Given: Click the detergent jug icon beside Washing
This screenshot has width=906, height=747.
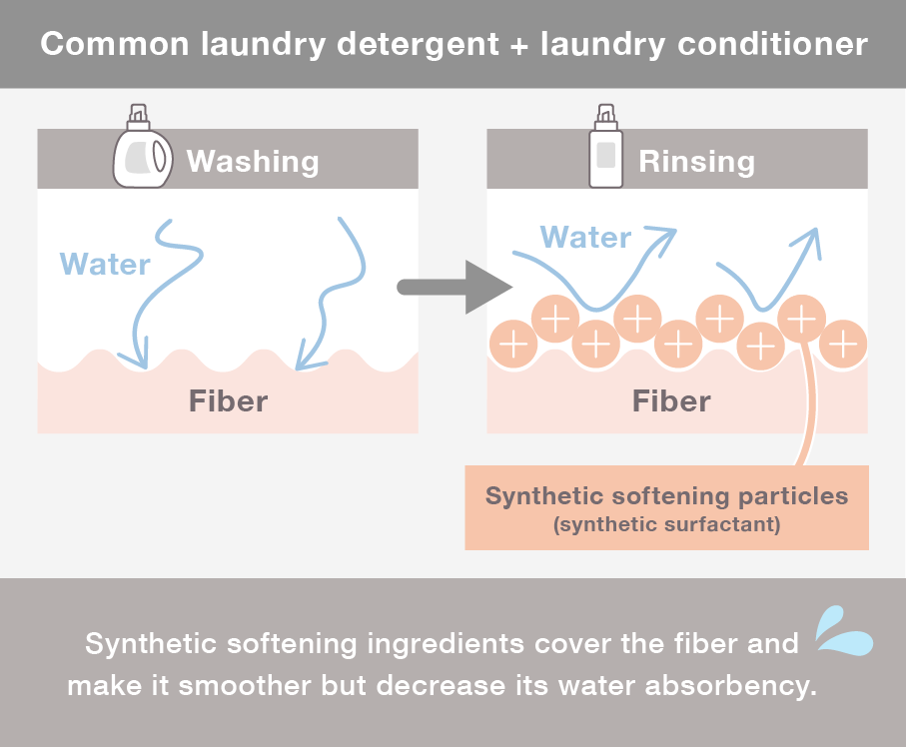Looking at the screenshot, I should click(144, 151).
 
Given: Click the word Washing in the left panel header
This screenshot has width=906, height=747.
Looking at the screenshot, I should click(253, 161).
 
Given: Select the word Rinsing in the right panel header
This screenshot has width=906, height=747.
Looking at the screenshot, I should click(696, 161).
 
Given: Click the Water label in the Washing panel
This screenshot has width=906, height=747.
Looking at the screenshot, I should click(105, 264).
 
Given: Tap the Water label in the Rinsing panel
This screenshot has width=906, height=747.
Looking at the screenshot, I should click(585, 237).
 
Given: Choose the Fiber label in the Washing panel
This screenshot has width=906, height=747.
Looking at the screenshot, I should click(228, 401).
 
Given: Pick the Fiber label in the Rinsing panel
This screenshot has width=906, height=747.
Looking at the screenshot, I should click(671, 401).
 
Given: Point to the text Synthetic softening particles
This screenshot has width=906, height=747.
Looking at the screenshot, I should click(666, 496).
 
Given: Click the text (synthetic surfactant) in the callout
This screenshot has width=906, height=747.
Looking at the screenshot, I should click(666, 524).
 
